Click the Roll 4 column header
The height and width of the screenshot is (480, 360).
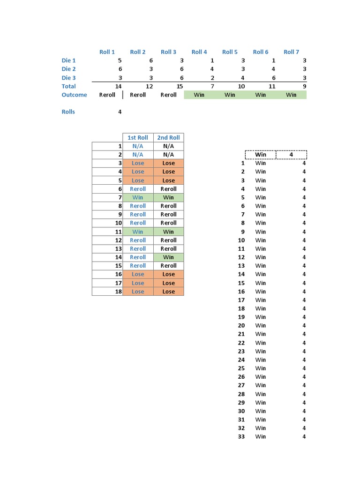coord(199,52)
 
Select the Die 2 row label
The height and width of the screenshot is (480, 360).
coord(68,69)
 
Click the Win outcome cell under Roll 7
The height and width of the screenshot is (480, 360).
coord(291,95)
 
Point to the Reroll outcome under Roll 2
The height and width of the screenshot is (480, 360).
coord(138,95)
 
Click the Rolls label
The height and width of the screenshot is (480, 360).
coord(68,112)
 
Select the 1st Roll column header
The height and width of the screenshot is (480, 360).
coord(138,137)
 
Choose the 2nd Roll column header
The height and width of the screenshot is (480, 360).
coord(168,137)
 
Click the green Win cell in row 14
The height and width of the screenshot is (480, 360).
coord(168,257)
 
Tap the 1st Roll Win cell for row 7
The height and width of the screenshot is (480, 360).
coord(138,197)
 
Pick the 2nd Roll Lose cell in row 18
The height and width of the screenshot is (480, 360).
coord(168,292)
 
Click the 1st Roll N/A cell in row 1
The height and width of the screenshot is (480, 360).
coord(138,146)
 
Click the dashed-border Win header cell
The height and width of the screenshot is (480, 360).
coord(261,155)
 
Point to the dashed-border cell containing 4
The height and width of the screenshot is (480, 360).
coord(291,155)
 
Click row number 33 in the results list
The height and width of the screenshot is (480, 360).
coord(241,437)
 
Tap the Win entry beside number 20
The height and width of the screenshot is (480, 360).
coord(261,326)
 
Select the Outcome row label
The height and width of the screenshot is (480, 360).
coord(74,95)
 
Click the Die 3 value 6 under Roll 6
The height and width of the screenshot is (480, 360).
coord(273,78)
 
